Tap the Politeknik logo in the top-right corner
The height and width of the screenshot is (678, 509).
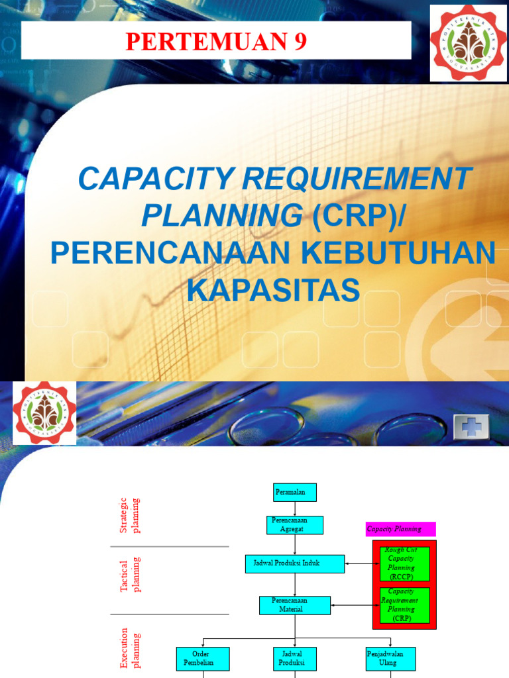pos(469,43)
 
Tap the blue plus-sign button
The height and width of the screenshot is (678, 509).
pos(471,427)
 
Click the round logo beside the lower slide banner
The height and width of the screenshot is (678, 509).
pos(44,412)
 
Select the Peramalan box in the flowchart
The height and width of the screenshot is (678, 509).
pos(295,493)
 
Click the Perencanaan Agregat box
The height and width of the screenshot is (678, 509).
pos(295,525)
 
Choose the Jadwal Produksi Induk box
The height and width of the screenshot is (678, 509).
pos(295,563)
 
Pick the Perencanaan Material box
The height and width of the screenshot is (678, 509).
pos(294,605)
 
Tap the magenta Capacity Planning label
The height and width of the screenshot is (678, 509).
pos(401,529)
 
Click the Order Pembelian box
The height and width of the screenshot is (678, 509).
pos(203,659)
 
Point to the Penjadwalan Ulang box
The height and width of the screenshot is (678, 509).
pos(390,659)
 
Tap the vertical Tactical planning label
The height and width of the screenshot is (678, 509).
pos(131,575)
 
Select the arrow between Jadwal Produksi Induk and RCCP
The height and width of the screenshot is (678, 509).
pos(359,564)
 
